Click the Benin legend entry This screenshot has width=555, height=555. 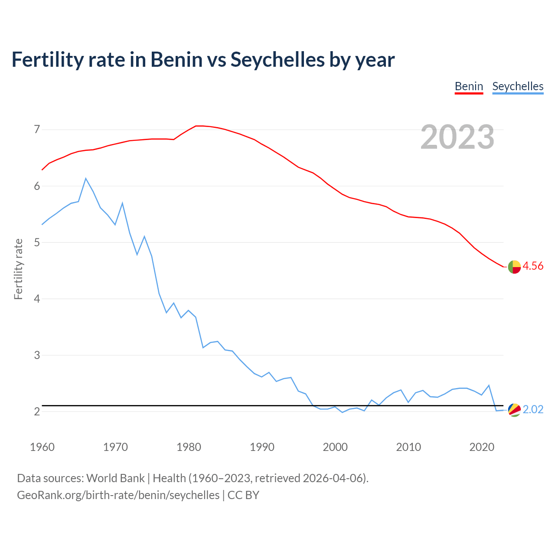point(469,86)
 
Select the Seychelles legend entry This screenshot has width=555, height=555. point(518,86)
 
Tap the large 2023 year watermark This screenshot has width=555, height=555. point(457,137)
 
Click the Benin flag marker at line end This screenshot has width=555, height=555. point(514,267)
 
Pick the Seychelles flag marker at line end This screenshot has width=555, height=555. point(514,410)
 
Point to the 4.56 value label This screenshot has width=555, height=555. point(533,266)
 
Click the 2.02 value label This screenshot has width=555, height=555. point(533,410)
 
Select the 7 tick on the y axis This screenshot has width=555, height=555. point(36,129)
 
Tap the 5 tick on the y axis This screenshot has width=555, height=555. point(36,242)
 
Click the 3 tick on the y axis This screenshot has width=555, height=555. point(36,355)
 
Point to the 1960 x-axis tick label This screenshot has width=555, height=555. point(42,447)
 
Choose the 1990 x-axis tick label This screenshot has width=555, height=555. point(262,447)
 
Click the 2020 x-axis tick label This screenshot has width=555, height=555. point(482,447)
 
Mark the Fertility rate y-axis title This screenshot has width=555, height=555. point(18,269)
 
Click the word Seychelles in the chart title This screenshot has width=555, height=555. point(277,59)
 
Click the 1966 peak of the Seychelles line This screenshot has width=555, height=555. point(86,179)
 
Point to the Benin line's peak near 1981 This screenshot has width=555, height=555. point(196,126)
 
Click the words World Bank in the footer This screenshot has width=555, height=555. point(115,478)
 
